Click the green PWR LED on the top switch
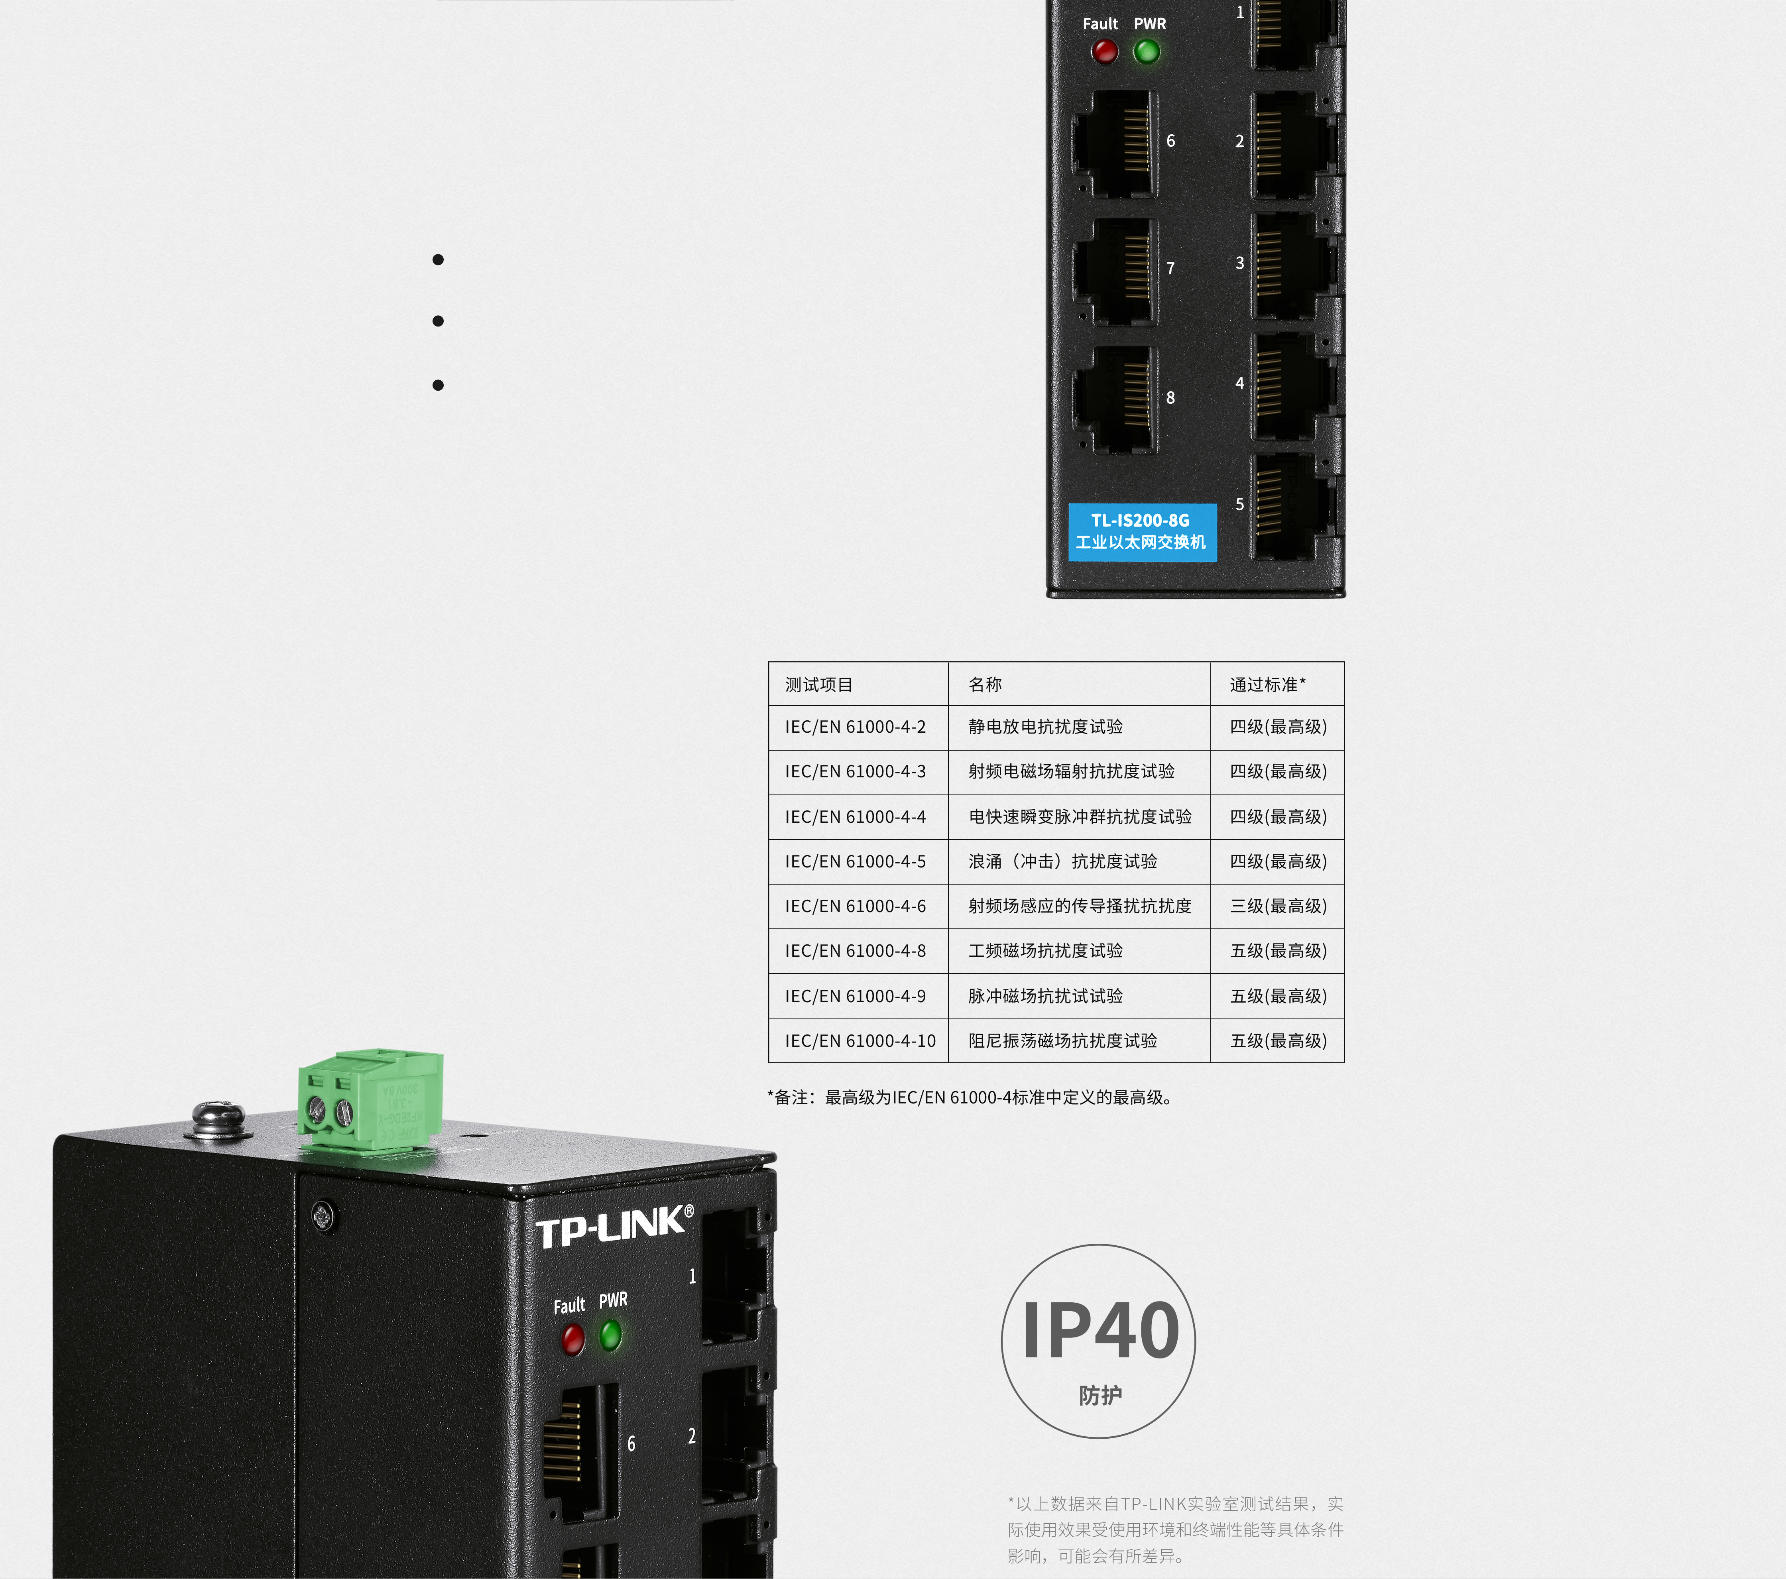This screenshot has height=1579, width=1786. (1147, 51)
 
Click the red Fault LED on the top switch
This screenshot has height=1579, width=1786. (1104, 51)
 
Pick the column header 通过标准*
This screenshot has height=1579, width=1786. (1267, 684)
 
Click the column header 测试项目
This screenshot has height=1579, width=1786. (819, 684)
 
